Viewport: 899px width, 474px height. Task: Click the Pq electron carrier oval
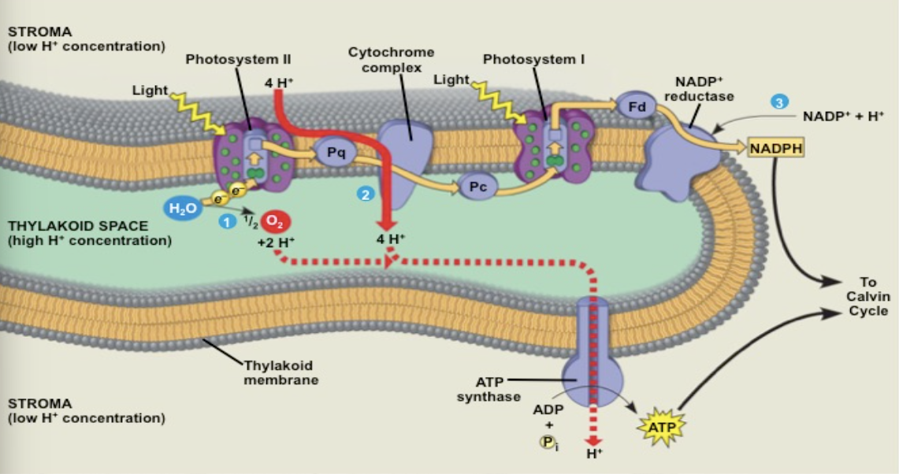tap(336, 153)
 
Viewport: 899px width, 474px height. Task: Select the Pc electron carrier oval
tap(477, 187)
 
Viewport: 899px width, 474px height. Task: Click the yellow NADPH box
tap(776, 147)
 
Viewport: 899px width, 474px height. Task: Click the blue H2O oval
tap(179, 209)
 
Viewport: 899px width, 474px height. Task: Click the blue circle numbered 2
tap(365, 194)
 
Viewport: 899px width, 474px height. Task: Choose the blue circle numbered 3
tap(780, 102)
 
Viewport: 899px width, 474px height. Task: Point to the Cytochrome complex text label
tap(391, 60)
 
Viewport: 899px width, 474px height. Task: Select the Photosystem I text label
tap(533, 59)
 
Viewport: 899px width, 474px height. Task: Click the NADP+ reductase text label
tap(699, 89)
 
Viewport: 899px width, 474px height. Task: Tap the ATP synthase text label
tap(489, 389)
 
